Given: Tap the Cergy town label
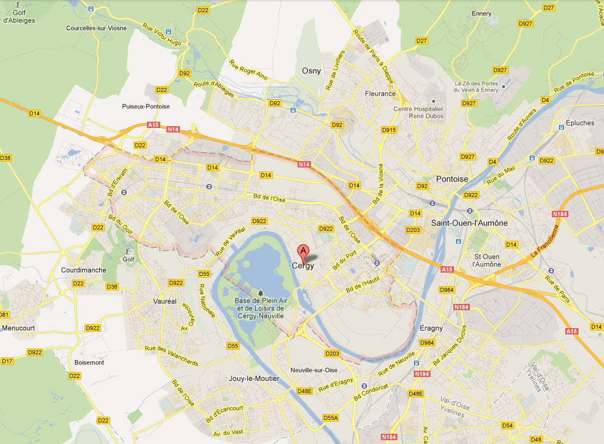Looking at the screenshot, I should (303, 266).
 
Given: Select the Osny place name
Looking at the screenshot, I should (312, 71).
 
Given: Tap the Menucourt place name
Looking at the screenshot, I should (19, 327).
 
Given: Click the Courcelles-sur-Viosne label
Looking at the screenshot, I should (97, 28).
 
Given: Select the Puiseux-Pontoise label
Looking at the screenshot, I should (146, 106).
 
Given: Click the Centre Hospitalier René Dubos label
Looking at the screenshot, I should (418, 113).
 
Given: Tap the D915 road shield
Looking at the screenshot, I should (389, 130).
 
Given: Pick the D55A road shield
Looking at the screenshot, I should (331, 418).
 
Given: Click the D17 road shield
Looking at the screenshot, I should (7, 361).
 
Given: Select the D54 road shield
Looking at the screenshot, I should (507, 425).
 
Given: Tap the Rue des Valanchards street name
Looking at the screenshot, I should (171, 356).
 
